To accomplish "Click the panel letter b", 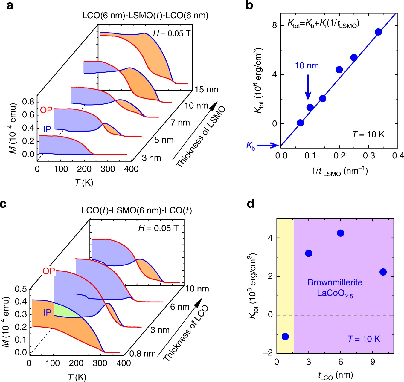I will coord(249,5).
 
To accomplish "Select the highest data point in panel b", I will coord(378,32).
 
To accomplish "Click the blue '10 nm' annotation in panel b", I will coord(307,66).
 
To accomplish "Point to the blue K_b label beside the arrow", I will coord(250,146).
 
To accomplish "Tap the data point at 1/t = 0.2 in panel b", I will coord(339,70).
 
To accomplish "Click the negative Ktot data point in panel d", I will coord(285,337).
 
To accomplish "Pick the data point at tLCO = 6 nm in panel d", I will coord(341,233).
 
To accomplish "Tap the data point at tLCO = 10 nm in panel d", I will coord(383,272).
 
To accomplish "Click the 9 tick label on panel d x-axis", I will coord(373,362).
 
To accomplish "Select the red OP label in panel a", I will coord(46,110).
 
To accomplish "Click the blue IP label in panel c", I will coord(47,313).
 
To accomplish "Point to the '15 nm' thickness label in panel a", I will coord(206,90).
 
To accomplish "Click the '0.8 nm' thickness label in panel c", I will coord(142,354).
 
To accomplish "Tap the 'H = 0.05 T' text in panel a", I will coord(172,33).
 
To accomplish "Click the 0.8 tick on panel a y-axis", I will coord(28,102).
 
